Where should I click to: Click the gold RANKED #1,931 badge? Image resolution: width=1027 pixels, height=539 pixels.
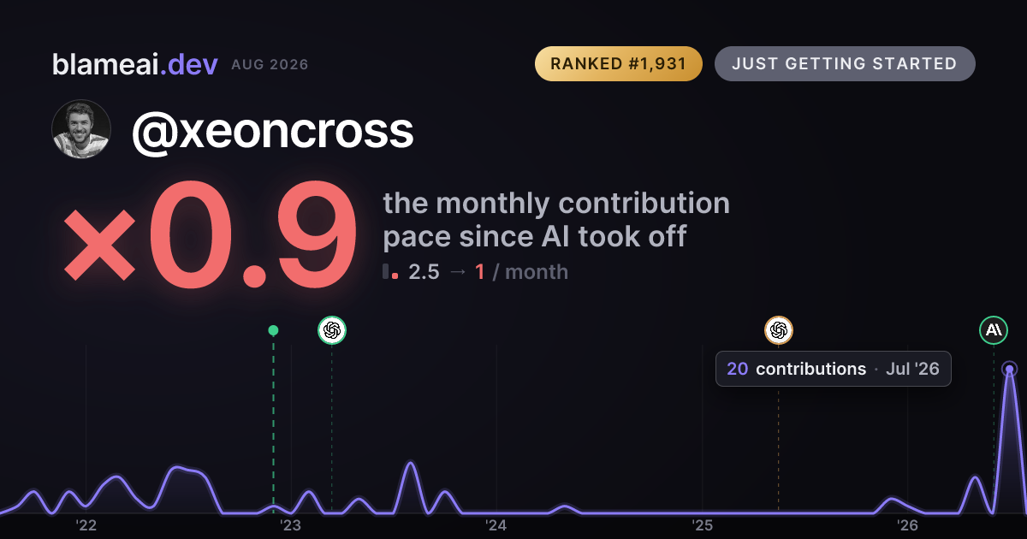(x=619, y=63)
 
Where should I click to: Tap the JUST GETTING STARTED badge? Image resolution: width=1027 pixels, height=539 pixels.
(x=845, y=63)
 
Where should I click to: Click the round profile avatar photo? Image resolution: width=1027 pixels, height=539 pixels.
(x=81, y=129)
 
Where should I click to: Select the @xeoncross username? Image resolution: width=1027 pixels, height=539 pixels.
(x=273, y=131)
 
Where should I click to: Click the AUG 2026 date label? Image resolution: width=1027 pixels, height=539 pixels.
(x=270, y=65)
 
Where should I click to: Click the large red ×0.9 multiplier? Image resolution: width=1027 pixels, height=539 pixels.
(x=210, y=234)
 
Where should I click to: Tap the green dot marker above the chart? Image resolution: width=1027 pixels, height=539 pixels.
(x=273, y=330)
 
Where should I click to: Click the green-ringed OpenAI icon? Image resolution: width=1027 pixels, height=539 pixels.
(x=332, y=330)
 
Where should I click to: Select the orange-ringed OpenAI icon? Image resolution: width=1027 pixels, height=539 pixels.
(x=779, y=330)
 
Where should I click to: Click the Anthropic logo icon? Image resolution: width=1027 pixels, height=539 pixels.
(x=994, y=330)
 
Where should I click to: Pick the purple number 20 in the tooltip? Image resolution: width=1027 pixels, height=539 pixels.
(x=737, y=369)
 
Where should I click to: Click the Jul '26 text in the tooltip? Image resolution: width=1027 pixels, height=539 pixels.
(x=912, y=369)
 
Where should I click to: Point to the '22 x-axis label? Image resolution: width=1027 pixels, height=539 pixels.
(x=86, y=525)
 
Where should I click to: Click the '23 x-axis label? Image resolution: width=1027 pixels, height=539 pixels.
(x=291, y=525)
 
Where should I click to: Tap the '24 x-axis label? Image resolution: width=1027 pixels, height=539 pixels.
(x=496, y=525)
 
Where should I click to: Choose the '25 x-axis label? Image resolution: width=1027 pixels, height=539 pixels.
(x=702, y=525)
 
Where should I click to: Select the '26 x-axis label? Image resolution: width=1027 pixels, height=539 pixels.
(x=907, y=525)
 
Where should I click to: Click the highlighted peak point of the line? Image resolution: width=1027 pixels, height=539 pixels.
(x=1010, y=369)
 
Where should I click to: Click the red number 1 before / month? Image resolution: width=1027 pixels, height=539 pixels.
(x=479, y=272)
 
